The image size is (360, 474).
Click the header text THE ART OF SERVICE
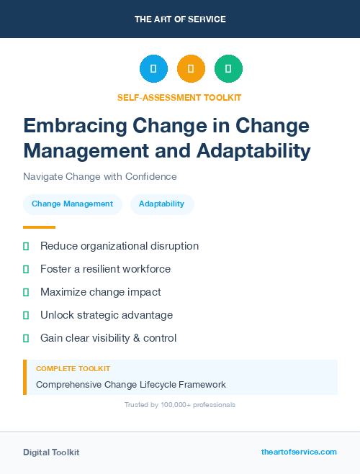[180, 19]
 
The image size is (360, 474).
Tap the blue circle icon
[153, 69]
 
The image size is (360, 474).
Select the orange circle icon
[191, 69]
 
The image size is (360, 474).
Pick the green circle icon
[228, 69]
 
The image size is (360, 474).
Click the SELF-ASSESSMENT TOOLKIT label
[179, 97]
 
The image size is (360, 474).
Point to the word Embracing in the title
[67, 126]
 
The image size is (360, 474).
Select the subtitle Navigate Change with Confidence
[99, 176]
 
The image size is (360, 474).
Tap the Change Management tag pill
[72, 204]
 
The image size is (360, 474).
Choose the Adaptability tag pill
[162, 204]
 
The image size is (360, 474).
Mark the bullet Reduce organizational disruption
[119, 246]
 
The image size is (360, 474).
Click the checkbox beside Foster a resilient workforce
[26, 269]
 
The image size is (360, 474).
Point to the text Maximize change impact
[100, 292]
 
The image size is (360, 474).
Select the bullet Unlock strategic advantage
[106, 315]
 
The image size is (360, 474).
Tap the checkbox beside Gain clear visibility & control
[26, 338]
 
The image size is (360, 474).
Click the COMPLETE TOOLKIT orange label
[73, 369]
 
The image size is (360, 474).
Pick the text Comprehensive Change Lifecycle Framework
[130, 384]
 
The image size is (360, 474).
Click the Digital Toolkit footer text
[51, 452]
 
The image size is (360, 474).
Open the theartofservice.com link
[299, 452]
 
